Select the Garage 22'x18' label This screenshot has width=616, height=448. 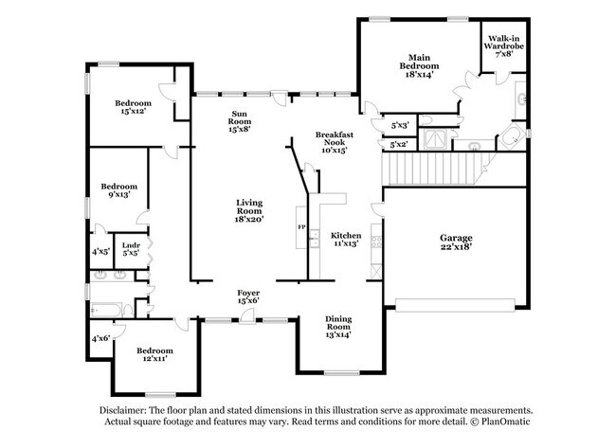[456, 243]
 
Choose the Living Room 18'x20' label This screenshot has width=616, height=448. [249, 210]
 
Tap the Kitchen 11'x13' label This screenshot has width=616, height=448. [345, 239]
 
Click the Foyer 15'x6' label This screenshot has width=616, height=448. [247, 296]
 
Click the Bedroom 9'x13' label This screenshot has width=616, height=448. [119, 191]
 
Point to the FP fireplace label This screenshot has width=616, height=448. [302, 228]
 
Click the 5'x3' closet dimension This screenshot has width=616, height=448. [399, 125]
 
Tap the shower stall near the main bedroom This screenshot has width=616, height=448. [435, 139]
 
